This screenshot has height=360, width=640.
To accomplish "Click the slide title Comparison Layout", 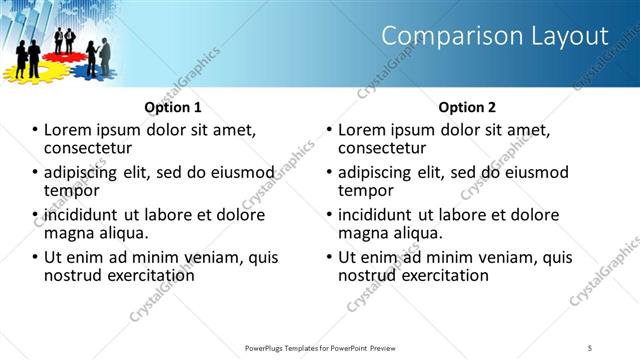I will (x=495, y=36).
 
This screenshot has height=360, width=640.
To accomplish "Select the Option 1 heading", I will (x=173, y=107).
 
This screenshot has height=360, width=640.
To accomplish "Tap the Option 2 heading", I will (x=466, y=107).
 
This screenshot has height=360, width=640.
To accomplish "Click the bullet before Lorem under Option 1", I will (x=35, y=130).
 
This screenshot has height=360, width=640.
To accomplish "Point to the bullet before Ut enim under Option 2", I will (x=329, y=258).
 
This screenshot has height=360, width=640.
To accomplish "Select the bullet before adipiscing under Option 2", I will (x=329, y=172).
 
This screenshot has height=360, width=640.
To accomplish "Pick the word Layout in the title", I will (x=570, y=36).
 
